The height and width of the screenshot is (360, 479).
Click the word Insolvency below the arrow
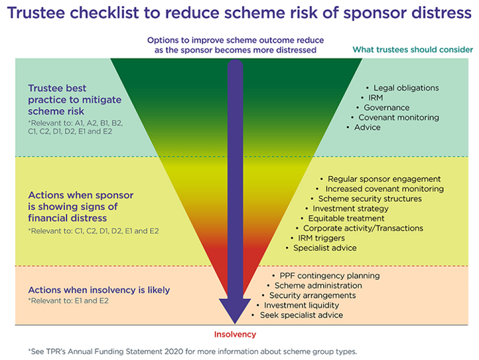coord(235,334)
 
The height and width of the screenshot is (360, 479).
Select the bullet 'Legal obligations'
coord(405,87)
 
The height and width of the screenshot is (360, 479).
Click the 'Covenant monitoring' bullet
coord(398,117)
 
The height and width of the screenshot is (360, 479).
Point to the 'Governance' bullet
coord(386,107)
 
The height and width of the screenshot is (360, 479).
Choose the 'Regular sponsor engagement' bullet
coord(384,179)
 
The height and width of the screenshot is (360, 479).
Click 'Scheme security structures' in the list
coord(370,198)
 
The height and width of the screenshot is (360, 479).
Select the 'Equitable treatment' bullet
coord(346,218)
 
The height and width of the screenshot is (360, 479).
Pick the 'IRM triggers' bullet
coord(321,238)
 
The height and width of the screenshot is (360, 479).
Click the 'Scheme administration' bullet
coord(318,286)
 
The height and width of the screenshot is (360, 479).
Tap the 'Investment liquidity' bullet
coord(302,305)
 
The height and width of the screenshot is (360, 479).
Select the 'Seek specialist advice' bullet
coord(301,315)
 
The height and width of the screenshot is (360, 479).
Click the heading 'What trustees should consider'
coord(413,49)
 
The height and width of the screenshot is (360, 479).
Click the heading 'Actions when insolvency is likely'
coord(99,290)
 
